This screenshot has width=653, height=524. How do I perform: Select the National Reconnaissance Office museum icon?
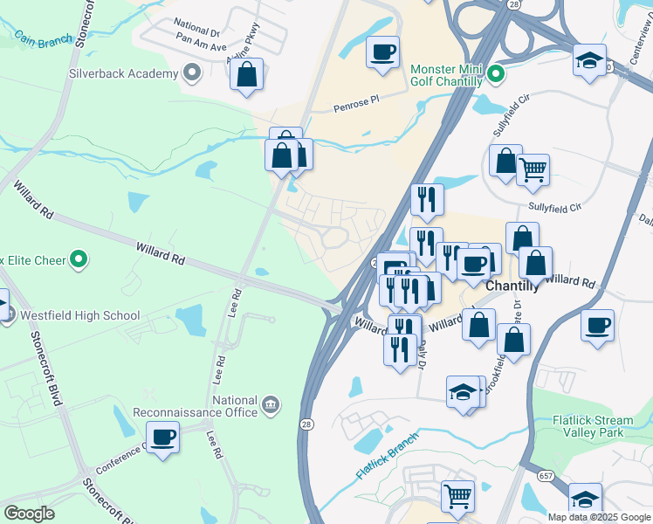[271, 403]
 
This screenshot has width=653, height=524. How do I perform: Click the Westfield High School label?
[77, 315]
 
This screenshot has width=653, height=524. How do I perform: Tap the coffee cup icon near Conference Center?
[162, 436]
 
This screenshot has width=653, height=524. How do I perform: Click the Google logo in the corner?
[29, 514]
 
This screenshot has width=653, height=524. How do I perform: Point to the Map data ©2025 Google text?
[599, 517]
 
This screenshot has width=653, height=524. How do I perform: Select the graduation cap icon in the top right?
[590, 61]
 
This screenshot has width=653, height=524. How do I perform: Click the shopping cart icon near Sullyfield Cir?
[533, 169]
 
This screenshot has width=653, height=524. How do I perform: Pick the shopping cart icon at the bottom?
[457, 496]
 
